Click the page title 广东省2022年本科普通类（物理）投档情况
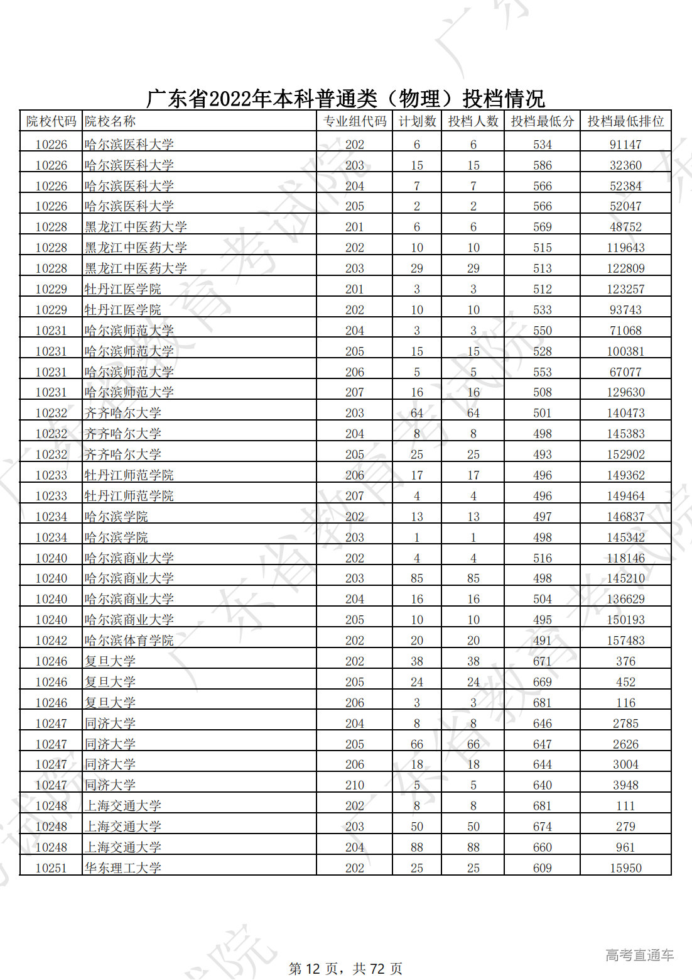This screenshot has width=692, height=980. coord(345,99)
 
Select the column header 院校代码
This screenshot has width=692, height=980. coord(51,121)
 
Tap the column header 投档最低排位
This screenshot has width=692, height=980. coord(625,121)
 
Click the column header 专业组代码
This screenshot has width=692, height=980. coord(354,121)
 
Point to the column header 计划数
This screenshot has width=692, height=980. coord(417,121)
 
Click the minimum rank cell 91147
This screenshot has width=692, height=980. coord(625,145)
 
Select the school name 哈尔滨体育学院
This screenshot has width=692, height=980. coord(129,641)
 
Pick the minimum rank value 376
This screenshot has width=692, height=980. coord(625,661)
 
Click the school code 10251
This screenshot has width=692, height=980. coord(51,868)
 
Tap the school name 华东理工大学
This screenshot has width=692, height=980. coord(123,868)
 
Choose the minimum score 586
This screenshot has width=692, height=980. coord(542,165)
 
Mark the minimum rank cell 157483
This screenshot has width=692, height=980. coord(625,641)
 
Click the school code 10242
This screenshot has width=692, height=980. coord(51,641)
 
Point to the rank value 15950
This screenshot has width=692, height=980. coord(625,868)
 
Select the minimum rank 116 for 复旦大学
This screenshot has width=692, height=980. coord(625,703)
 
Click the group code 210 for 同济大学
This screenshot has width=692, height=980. coord(354,785)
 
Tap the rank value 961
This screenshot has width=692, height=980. coord(625,847)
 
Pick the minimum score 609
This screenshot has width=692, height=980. coord(542,868)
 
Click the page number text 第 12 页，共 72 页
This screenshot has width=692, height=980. coord(345,969)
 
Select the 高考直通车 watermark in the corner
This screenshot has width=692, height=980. coord(639,955)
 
